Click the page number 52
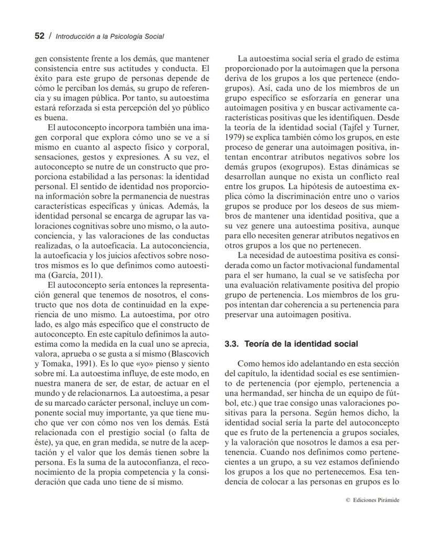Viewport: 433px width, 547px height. click(x=39, y=36)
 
